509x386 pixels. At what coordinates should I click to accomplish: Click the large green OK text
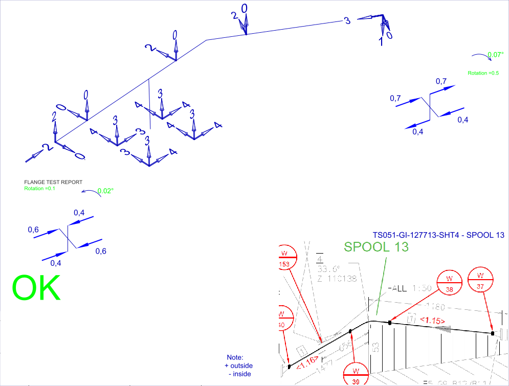[36, 288]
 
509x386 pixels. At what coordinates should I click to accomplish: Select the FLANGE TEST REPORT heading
[53, 182]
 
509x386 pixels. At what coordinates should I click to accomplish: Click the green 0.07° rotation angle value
[495, 55]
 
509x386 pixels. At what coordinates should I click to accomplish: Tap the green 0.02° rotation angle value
[105, 191]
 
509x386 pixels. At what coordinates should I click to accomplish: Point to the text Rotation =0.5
[483, 73]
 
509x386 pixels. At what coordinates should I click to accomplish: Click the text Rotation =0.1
[39, 188]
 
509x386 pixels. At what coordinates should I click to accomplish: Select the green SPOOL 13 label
[377, 246]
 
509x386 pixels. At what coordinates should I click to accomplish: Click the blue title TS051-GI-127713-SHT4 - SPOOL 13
[439, 235]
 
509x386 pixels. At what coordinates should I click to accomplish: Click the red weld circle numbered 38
[450, 284]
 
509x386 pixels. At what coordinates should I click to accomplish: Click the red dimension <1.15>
[432, 321]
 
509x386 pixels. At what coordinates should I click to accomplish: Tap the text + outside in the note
[238, 366]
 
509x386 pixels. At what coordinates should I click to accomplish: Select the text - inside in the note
[238, 374]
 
